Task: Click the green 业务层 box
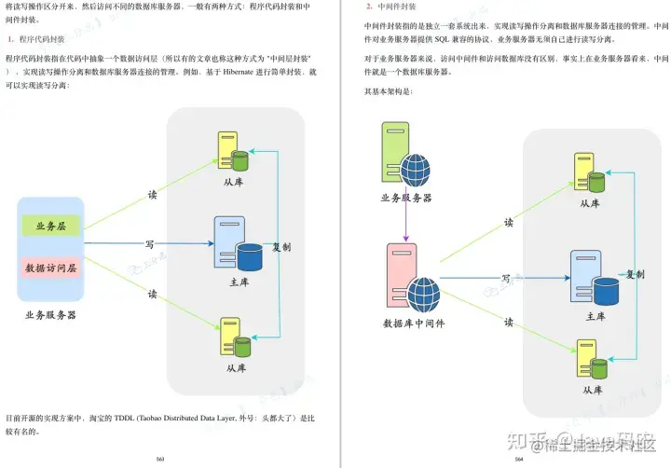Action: tap(51, 226)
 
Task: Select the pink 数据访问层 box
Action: tap(51, 268)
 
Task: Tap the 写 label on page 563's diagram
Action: tap(149, 245)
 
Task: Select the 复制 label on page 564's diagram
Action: tap(636, 274)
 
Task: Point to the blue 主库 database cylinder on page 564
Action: tap(607, 292)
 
